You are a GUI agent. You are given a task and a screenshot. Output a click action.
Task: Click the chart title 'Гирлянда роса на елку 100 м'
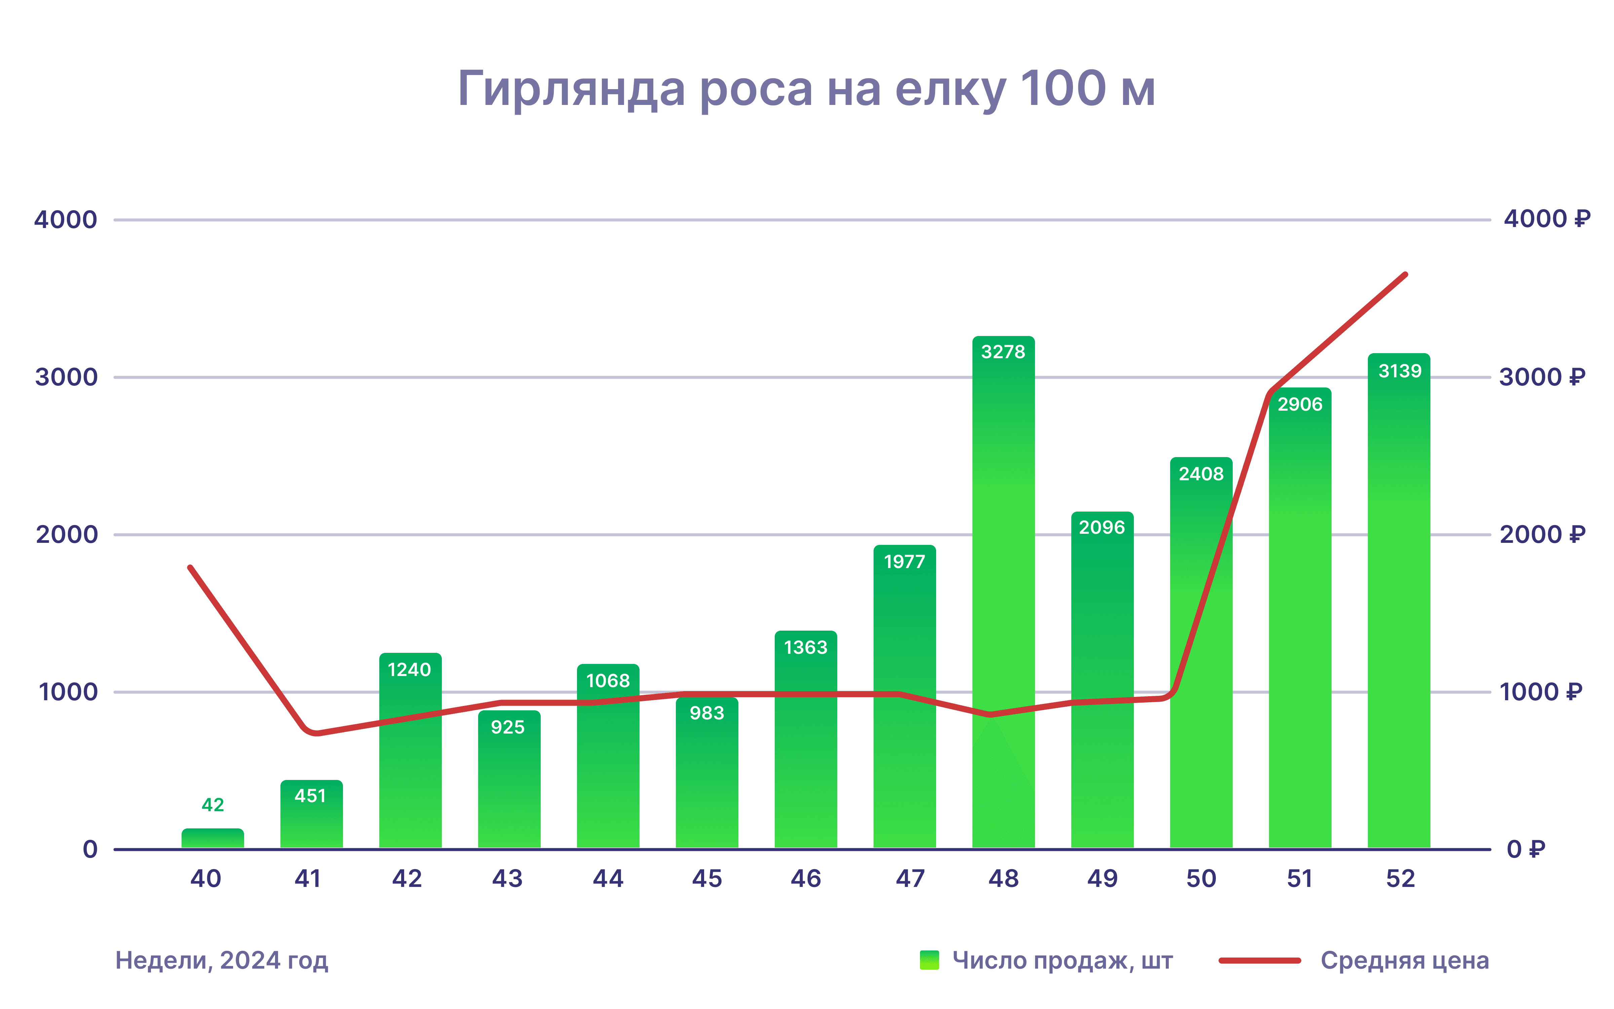coord(806,89)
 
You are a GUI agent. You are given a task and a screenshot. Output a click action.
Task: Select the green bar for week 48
coord(1003,601)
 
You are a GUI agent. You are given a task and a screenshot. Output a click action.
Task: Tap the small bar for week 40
coord(213,838)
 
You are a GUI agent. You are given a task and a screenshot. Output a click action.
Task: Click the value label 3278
coord(1003,352)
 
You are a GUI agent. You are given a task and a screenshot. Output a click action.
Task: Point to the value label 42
coord(213,805)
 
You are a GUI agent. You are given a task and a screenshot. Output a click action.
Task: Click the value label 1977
coord(905,562)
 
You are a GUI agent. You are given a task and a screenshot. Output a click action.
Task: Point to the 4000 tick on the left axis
coord(65,220)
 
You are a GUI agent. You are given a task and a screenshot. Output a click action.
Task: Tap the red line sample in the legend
coord(1259,960)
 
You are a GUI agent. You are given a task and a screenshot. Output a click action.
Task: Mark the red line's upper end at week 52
coord(1405,274)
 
